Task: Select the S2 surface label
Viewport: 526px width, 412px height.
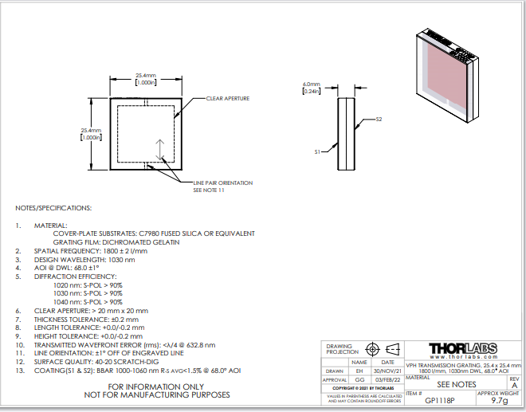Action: [379, 120]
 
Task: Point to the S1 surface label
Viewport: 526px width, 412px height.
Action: [317, 151]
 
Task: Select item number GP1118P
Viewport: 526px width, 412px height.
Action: [440, 402]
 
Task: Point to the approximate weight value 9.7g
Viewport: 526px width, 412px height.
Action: [500, 402]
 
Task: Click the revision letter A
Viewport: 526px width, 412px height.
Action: [514, 385]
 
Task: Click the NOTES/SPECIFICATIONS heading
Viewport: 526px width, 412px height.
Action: [53, 208]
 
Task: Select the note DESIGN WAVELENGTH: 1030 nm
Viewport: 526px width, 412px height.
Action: [84, 259]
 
